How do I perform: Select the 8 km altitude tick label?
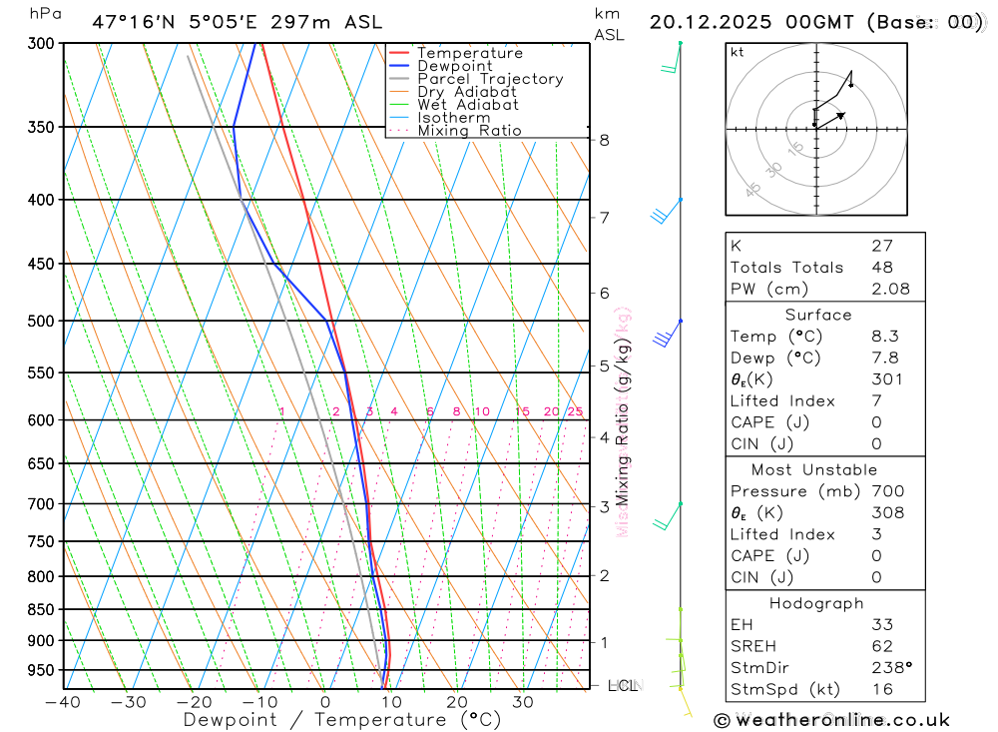[x=604, y=140]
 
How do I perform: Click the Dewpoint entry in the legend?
[x=454, y=66]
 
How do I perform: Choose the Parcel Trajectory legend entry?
[x=490, y=79]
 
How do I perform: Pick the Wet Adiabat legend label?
[x=467, y=105]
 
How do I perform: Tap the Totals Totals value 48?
[x=881, y=267]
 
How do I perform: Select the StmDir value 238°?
[x=891, y=667]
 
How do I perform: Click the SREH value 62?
[x=881, y=645]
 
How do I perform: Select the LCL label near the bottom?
[x=622, y=686]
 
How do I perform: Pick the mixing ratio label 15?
[x=522, y=411]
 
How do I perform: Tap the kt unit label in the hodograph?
[x=738, y=52]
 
